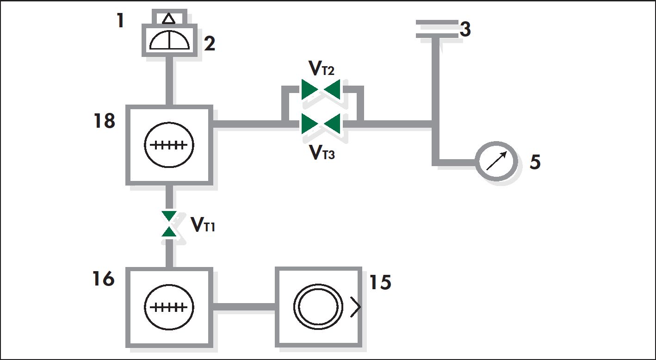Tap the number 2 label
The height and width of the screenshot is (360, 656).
210,43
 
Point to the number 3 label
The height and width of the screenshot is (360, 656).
465,29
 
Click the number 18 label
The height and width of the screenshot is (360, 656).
104,121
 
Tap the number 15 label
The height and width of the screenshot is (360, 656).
380,282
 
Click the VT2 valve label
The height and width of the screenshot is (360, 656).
321,68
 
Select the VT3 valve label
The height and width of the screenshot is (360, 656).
322,152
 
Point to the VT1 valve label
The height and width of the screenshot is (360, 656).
203,225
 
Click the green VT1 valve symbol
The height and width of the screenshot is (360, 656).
169,224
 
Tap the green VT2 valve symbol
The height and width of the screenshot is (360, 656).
321,89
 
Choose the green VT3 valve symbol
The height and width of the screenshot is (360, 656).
321,124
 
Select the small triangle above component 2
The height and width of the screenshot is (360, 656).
169,19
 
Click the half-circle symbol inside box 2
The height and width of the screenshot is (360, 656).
170,40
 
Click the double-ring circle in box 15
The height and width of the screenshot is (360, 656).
318,284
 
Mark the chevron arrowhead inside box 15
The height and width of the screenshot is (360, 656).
356,307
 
